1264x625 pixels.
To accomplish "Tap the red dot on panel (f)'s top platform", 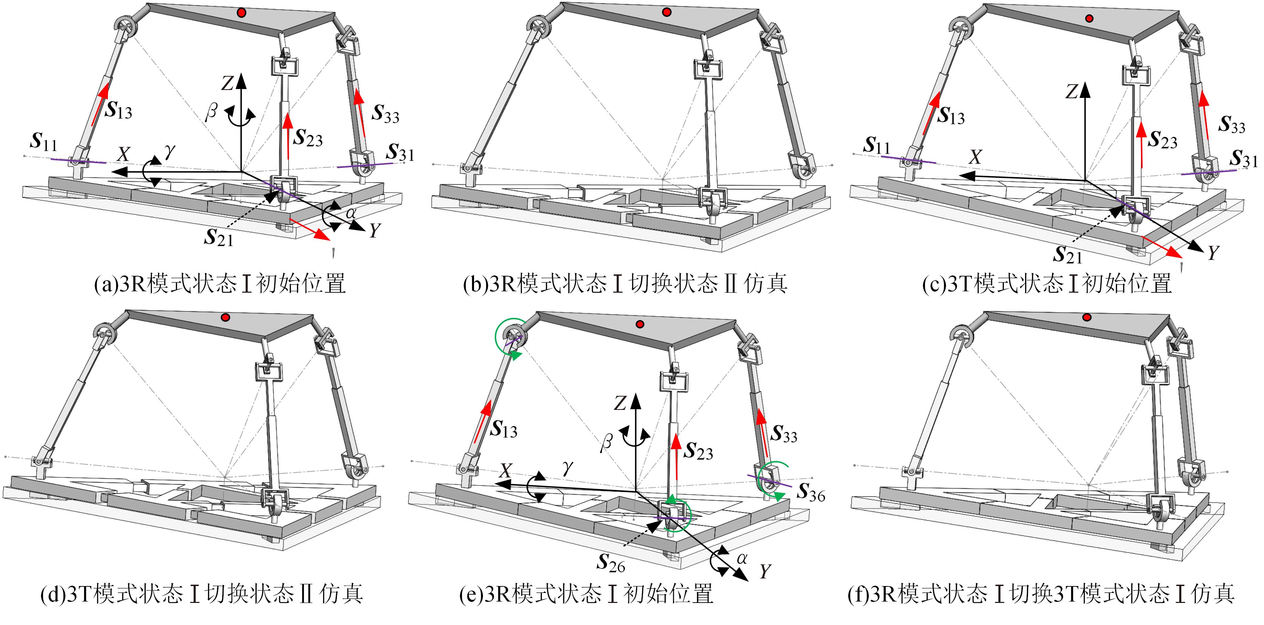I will click(1087, 317).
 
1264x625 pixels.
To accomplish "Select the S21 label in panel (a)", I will click(218, 238).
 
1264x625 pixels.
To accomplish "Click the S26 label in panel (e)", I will click(611, 564).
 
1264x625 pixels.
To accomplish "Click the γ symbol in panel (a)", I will click(170, 152).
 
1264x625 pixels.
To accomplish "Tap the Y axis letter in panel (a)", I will click(374, 230).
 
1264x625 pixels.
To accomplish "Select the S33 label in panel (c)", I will click(1232, 124).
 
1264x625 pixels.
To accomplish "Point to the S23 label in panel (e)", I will click(699, 451).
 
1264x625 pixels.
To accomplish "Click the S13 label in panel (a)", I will click(118, 110).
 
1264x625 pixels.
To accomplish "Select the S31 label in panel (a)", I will click(400, 153).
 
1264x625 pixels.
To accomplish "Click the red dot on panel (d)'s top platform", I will click(225, 317).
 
